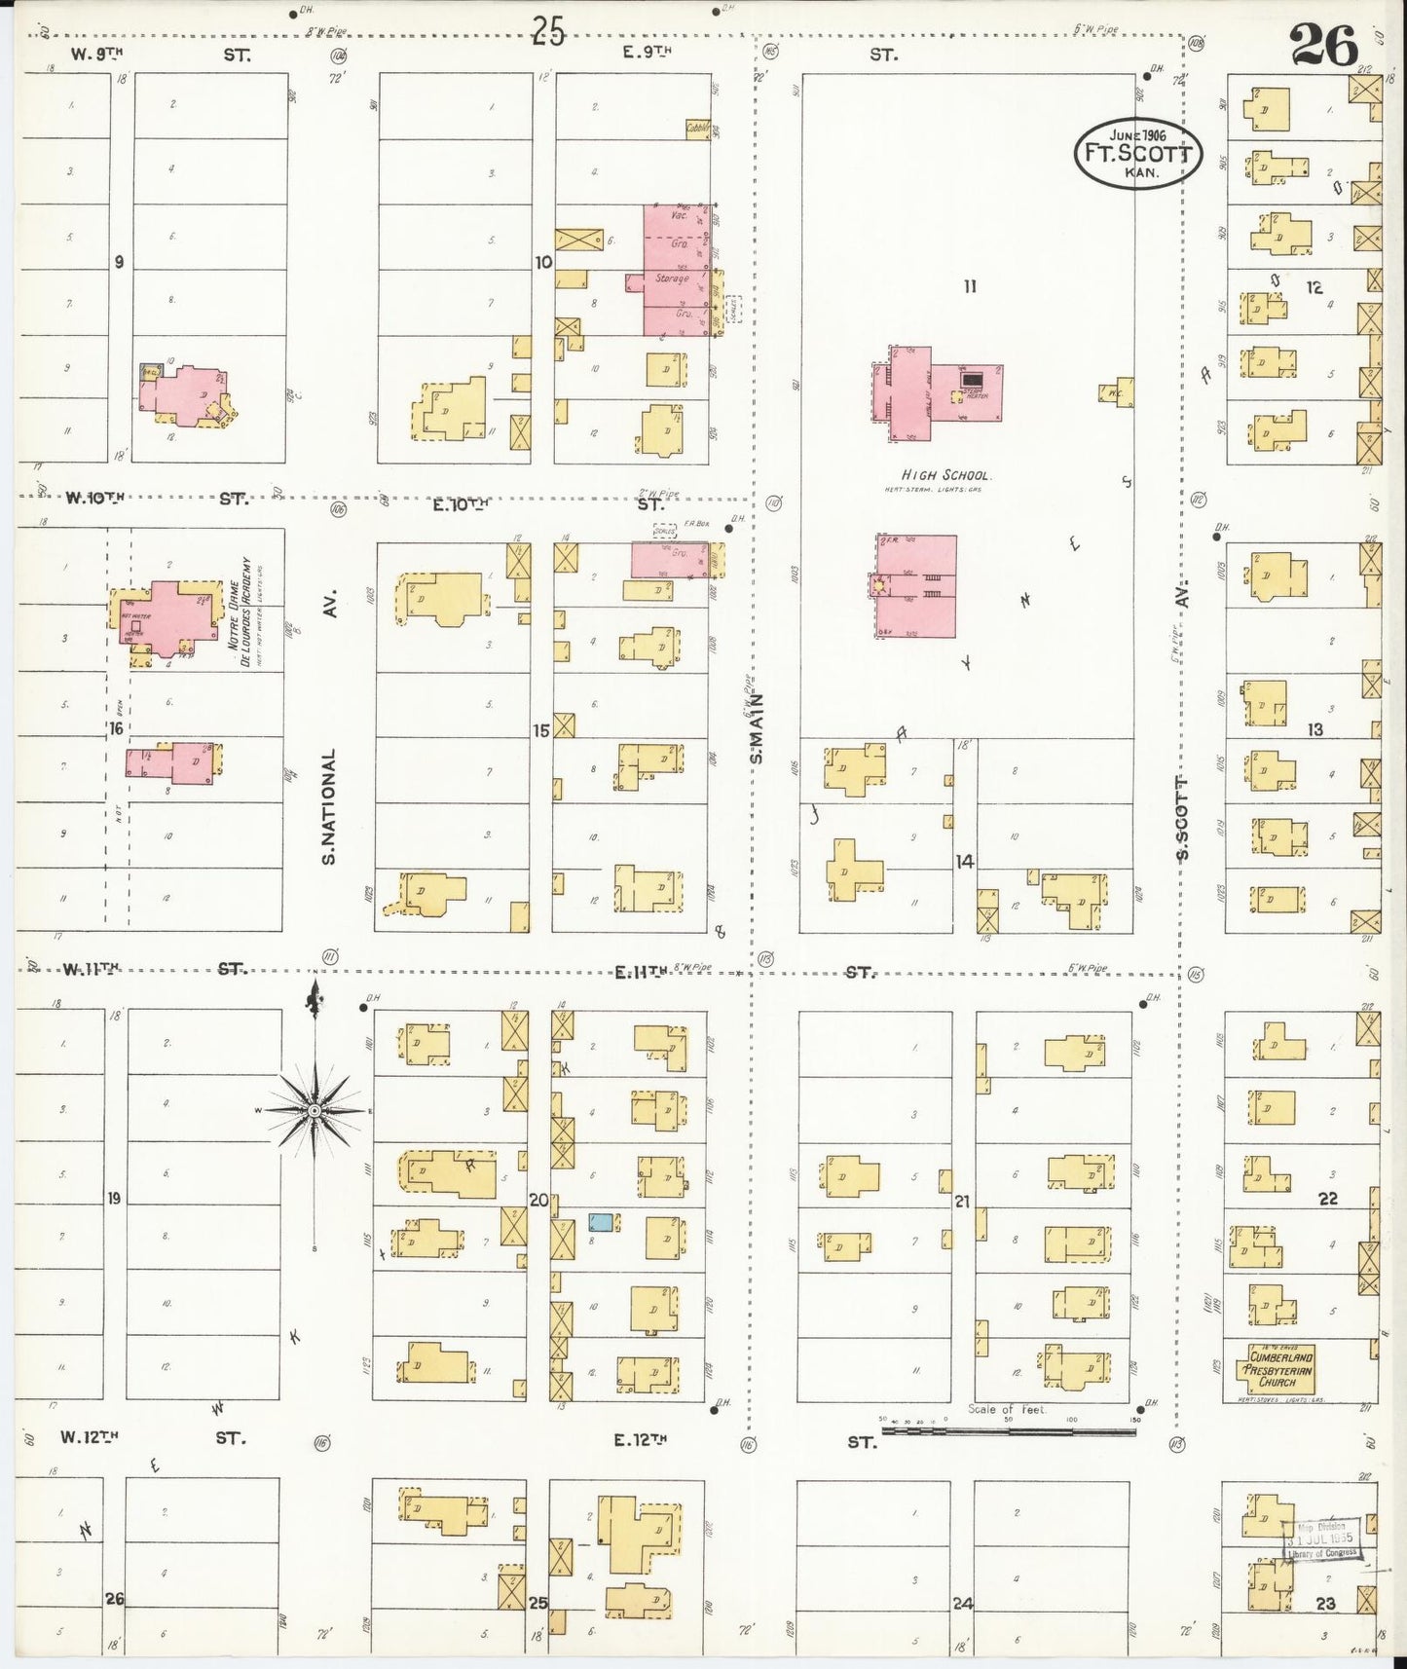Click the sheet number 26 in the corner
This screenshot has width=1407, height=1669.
[x=1323, y=45]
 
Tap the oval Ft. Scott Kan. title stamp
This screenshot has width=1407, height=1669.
[x=1137, y=154]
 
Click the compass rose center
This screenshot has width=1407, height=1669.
[x=314, y=1110]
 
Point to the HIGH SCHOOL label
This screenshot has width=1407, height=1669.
[x=945, y=476]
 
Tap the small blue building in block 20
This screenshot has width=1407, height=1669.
[x=602, y=1222]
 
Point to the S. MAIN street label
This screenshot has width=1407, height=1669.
[x=757, y=727]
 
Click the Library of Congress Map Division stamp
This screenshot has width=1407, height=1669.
[x=1321, y=1541]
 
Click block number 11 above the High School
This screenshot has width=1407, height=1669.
[x=969, y=286]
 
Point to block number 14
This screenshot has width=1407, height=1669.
[x=964, y=861]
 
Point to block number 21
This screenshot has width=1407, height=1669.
[x=962, y=1202]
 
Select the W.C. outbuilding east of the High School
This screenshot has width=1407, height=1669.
[x=1117, y=391]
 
